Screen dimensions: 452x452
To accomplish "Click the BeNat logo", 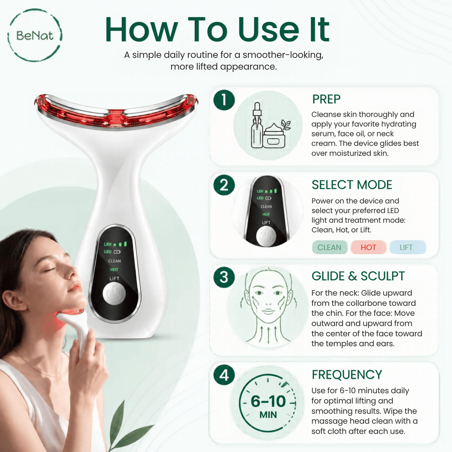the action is tap(35, 35).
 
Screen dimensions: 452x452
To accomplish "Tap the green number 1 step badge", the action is tap(224, 100).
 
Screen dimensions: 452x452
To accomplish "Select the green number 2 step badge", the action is tap(224, 185).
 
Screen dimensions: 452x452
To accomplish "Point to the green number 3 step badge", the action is tap(224, 277).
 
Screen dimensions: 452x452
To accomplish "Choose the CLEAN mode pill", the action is tap(330, 247).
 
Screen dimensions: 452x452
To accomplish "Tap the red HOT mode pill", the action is tap(368, 247).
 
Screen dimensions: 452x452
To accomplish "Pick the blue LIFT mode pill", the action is tap(408, 247).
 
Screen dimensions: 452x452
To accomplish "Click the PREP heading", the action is tap(326, 99).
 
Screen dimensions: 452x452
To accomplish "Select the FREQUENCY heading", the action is tap(347, 374).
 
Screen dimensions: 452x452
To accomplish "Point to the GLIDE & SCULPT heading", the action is tap(358, 276).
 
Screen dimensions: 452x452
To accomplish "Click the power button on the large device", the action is tap(114, 294).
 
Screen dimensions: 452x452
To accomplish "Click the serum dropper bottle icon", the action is tap(257, 125).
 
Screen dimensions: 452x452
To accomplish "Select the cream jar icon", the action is tap(274, 136).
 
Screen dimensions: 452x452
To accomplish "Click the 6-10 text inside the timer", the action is tap(268, 401).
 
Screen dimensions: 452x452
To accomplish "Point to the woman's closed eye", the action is tap(50, 269).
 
